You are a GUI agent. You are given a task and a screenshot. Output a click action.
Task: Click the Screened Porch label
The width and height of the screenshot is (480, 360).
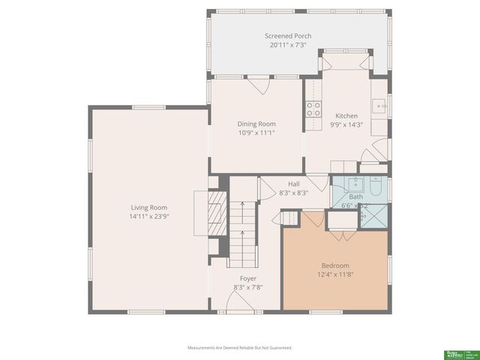click(x=288, y=35)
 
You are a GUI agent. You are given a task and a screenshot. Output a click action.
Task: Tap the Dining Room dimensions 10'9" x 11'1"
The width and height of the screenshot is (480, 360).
click(x=256, y=133)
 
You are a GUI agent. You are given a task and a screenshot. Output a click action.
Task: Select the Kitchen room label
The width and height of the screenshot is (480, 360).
click(x=346, y=115)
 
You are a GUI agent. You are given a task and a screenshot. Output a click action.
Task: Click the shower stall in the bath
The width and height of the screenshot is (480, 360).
click(x=374, y=215)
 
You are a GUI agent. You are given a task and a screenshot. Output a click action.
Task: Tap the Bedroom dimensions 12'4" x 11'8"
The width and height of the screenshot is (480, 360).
click(x=335, y=274)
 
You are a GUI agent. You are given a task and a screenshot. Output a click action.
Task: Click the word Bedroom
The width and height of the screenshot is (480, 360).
click(x=335, y=265)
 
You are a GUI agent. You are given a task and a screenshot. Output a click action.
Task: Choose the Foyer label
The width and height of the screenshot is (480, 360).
click(x=247, y=278)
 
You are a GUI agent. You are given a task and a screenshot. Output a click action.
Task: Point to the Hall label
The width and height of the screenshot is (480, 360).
click(x=294, y=183)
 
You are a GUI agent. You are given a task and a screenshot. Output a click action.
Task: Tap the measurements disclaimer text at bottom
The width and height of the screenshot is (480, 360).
click(x=239, y=348)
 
